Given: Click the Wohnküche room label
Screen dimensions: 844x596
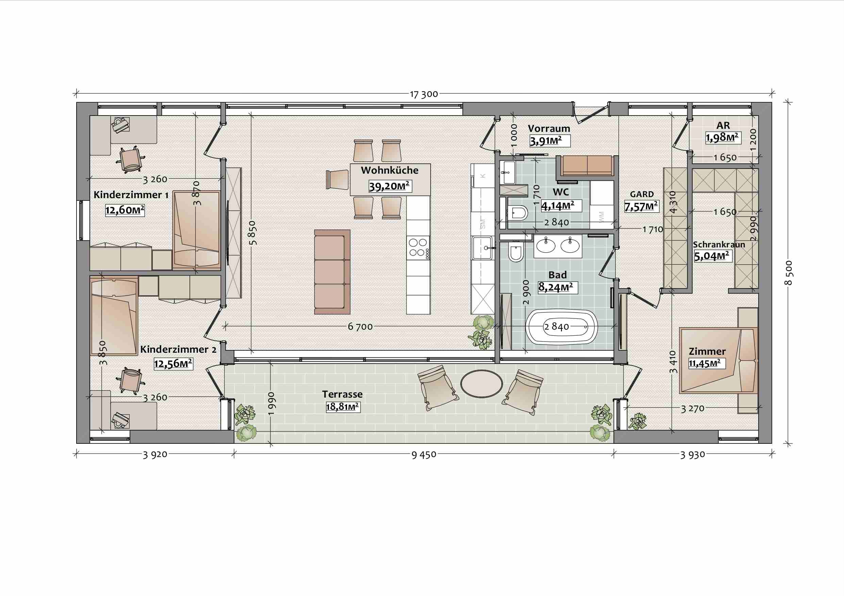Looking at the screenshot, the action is pos(390,170).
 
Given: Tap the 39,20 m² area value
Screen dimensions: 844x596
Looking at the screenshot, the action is pos(389,186).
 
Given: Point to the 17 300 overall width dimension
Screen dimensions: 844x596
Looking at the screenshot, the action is pos(424,94).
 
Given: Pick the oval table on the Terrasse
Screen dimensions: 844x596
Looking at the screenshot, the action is pos(482,384).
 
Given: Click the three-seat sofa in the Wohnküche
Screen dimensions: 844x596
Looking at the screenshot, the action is pos(332,272).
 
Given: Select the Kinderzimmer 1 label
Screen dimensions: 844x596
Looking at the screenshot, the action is pos(131,195).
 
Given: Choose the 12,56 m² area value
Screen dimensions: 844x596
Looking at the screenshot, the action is pos(173,364).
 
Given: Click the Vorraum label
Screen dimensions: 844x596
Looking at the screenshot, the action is pos(549,128).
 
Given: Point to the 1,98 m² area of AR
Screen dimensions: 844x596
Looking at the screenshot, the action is pos(722,138).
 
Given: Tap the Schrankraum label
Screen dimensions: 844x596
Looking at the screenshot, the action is pos(719,245).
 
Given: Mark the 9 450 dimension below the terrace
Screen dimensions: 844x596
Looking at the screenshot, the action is pos(424,455).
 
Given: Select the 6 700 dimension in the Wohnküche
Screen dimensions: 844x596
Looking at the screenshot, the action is pos(360,327).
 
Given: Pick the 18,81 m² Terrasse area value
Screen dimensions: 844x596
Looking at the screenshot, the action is pos(343,407).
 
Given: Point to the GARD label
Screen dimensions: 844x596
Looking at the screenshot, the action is pos(642,194).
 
